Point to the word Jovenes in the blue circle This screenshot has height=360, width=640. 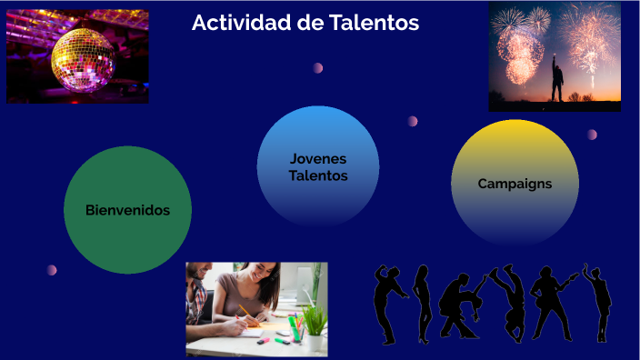318,158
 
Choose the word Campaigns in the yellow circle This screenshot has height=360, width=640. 515,184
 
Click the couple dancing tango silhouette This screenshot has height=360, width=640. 459,305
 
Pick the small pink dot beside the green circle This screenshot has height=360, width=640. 52,270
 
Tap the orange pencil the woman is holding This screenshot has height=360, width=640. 245,312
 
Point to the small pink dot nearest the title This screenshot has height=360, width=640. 318,67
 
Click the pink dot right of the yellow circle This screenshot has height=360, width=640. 592,135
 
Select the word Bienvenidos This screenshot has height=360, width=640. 127,210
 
